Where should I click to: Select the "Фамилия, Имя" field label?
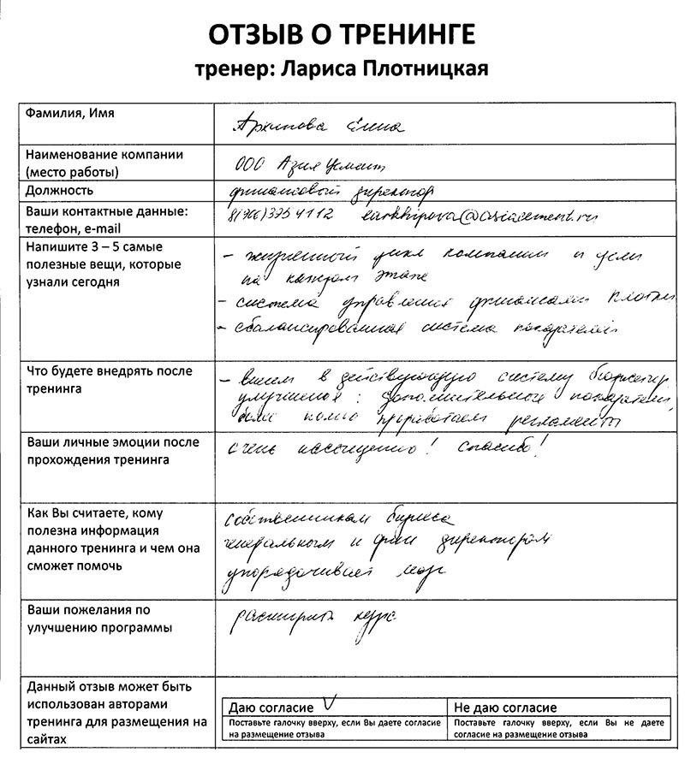[x=71, y=114]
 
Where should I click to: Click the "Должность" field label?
[x=60, y=191]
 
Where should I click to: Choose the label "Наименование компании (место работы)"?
[x=104, y=163]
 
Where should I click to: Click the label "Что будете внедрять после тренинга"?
[x=110, y=380]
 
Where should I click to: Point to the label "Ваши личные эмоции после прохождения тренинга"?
[x=113, y=451]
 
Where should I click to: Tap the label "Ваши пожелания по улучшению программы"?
[x=99, y=619]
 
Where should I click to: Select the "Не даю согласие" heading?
[x=505, y=708]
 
